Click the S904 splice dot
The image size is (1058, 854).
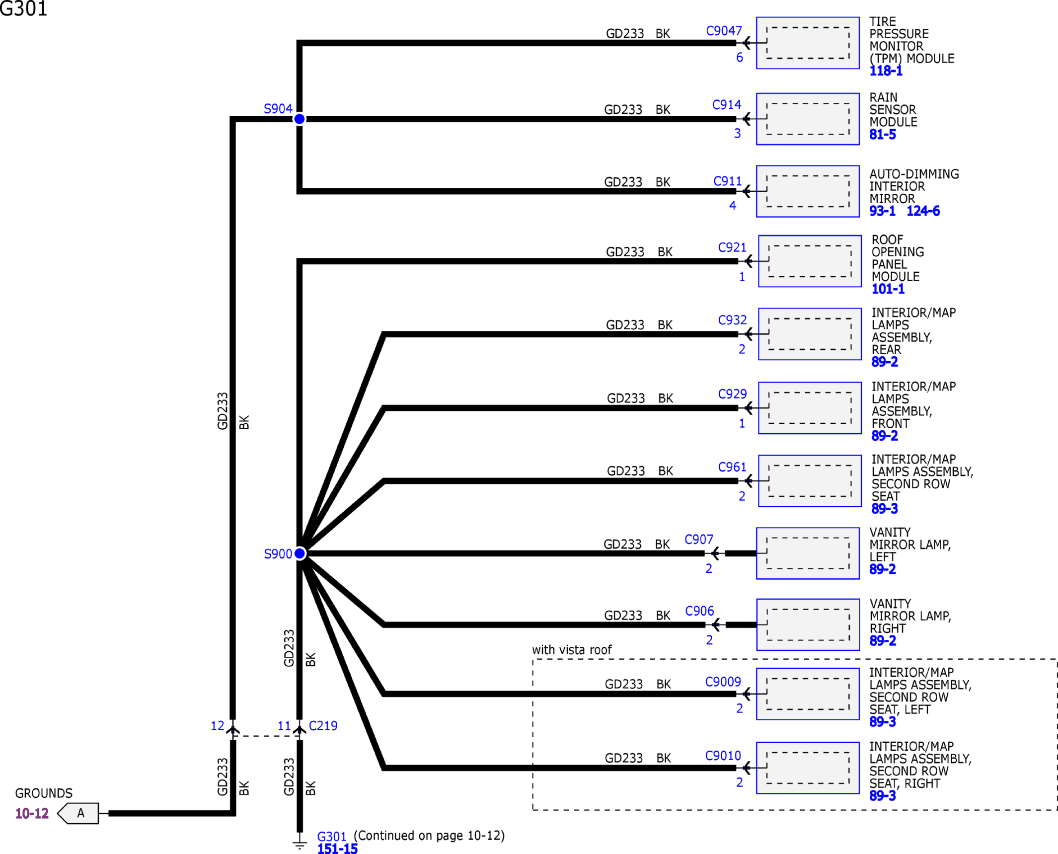[300, 119]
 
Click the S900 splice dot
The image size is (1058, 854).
[300, 553]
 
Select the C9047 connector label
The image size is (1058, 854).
[724, 31]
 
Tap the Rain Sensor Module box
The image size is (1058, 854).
[808, 119]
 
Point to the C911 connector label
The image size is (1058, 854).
[727, 181]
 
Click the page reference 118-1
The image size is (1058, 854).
[886, 71]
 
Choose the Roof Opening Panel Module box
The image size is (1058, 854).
[810, 261]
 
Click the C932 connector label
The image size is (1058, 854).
[732, 320]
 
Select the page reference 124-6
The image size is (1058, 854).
[923, 211]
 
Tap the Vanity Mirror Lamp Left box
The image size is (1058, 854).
[808, 553]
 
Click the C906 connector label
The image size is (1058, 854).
[699, 611]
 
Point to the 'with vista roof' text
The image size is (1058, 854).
[572, 650]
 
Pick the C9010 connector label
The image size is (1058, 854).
[723, 756]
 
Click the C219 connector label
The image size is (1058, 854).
[323, 726]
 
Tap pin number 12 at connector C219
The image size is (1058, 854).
[218, 726]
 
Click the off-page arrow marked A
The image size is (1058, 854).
[78, 813]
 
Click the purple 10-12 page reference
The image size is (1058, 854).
[32, 813]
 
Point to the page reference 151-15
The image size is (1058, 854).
[337, 849]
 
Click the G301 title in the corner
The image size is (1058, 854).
[23, 8]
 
